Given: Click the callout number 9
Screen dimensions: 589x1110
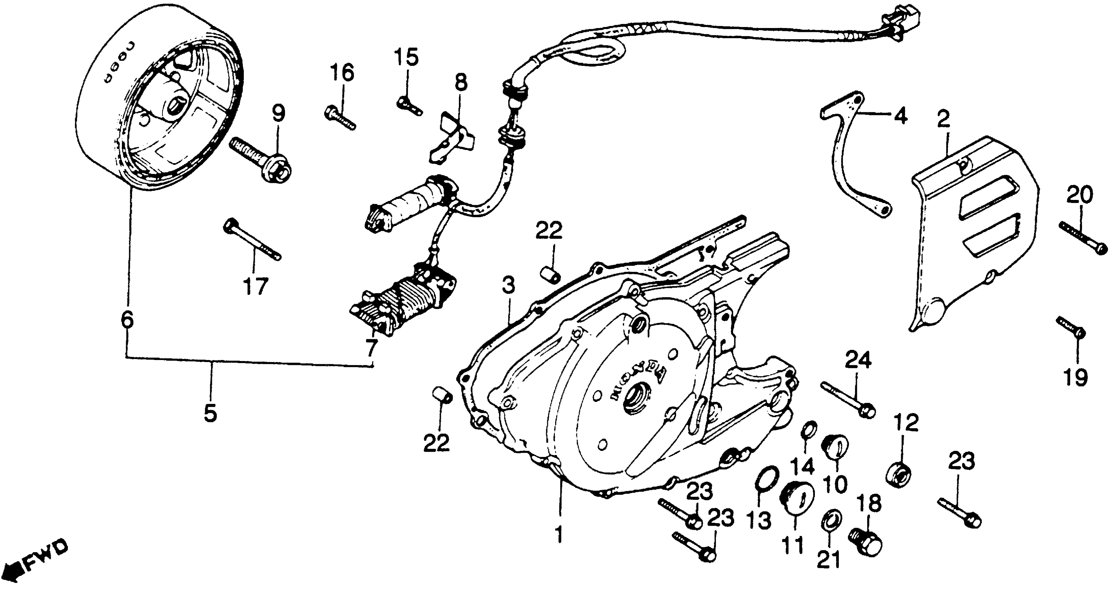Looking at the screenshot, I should tap(278, 114).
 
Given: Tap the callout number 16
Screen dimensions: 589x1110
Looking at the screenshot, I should tap(343, 73).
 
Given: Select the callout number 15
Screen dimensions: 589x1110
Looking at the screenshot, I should tap(407, 58).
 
